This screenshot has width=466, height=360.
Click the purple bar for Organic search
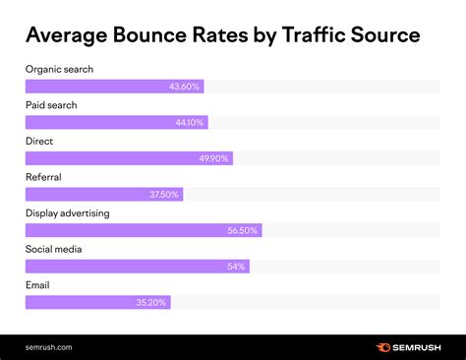tap(115, 87)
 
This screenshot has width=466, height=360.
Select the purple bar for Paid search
tap(116, 122)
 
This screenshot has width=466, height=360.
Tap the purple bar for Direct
tap(129, 158)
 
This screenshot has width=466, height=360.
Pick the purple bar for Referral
tap(103, 194)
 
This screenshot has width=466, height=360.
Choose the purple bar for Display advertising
tap(144, 230)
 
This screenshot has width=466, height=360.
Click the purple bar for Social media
tap(138, 266)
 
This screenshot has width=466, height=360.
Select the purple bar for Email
tap(98, 302)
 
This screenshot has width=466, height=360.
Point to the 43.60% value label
tap(184, 87)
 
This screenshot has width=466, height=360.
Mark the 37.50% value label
tap(163, 194)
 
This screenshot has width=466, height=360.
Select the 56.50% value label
tap(241, 230)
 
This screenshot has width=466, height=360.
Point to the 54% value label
tap(235, 266)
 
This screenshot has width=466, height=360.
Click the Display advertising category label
tap(67, 212)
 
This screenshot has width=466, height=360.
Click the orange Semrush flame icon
tap(381, 346)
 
